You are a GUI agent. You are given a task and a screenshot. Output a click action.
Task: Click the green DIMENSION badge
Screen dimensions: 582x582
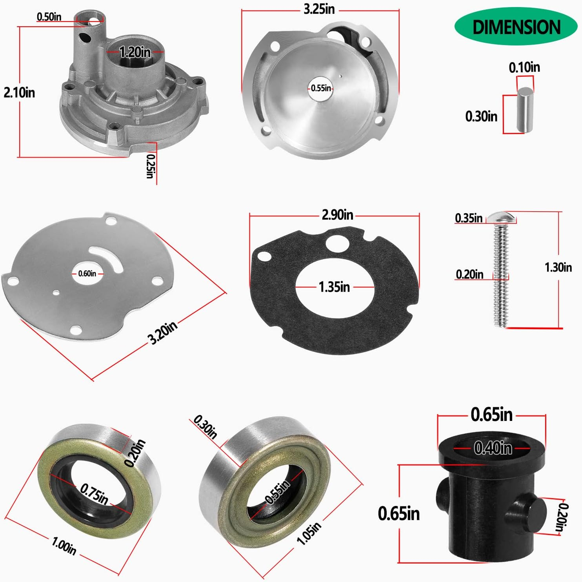[x=516, y=27]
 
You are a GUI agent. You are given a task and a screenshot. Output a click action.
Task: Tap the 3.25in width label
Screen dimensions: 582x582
[x=319, y=9]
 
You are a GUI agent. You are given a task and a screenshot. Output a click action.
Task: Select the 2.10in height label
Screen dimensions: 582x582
[x=19, y=92]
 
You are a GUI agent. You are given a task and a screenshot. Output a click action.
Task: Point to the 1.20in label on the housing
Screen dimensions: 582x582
[x=135, y=51]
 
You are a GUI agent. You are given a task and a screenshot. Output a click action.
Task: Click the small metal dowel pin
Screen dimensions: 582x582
[x=524, y=110]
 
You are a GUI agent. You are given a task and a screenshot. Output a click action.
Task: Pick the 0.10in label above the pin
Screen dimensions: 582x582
[x=524, y=67]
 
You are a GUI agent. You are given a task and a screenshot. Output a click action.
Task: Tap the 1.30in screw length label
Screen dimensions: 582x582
[x=558, y=267]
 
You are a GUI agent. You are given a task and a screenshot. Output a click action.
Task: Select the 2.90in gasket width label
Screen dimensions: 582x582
[x=337, y=214]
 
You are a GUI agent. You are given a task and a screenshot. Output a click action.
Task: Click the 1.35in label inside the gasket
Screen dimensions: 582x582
[x=334, y=287]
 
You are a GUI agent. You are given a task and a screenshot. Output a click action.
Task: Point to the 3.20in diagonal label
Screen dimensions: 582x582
[x=162, y=333]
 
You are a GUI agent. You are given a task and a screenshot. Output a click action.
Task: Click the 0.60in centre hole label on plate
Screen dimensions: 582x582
[x=87, y=274]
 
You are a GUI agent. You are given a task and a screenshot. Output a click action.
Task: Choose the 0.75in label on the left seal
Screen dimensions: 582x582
[x=94, y=494]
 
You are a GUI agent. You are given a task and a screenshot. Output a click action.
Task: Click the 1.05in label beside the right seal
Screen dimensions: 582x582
[x=309, y=533]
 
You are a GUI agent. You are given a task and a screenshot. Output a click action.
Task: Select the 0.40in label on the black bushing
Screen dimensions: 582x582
[x=493, y=448]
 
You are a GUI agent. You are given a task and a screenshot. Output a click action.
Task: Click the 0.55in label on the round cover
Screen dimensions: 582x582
[x=321, y=88]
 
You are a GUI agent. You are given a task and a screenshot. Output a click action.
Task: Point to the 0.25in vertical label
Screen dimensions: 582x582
[x=150, y=166]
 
